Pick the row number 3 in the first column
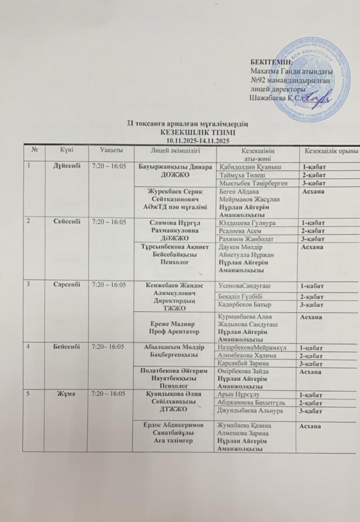27,285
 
